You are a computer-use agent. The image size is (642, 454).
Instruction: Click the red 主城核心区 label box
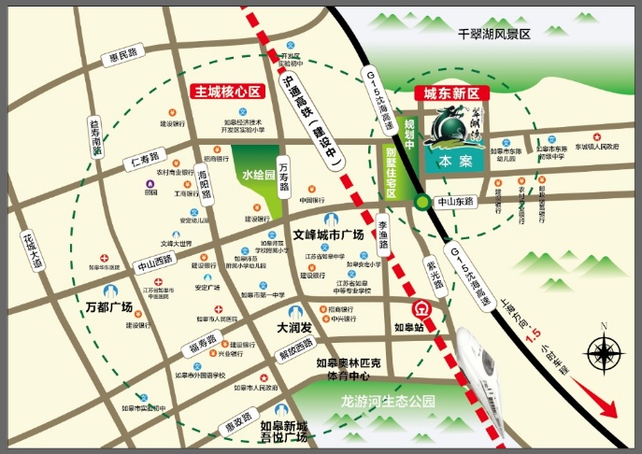pyautogui.click(x=225, y=93)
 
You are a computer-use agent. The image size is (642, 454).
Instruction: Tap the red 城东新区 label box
pyautogui.click(x=452, y=93)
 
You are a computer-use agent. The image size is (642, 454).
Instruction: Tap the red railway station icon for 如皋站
pyautogui.click(x=421, y=308)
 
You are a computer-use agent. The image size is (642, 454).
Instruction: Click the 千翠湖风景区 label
pyautogui.click(x=493, y=34)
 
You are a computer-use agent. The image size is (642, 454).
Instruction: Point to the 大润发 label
pyautogui.click(x=293, y=329)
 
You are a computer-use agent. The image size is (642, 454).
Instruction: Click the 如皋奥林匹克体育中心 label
pyautogui.click(x=349, y=369)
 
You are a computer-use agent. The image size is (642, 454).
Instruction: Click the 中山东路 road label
pyautogui.click(x=456, y=202)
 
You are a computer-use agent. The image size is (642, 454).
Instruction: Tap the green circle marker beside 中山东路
pyautogui.click(x=422, y=202)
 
